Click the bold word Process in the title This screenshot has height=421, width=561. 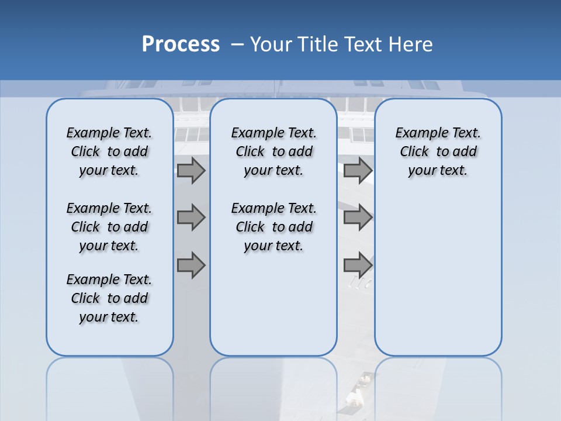(x=181, y=44)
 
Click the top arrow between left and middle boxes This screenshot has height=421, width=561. (x=191, y=171)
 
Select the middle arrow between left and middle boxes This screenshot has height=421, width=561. (x=191, y=218)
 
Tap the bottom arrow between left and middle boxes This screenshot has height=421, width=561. (x=191, y=265)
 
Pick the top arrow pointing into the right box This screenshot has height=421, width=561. (x=358, y=171)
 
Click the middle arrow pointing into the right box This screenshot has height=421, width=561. (x=358, y=218)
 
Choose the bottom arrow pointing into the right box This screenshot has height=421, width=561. (x=358, y=265)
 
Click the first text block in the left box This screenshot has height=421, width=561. (x=109, y=151)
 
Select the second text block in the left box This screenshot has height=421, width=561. (x=109, y=227)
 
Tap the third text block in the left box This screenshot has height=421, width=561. (x=109, y=298)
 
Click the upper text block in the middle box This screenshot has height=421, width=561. (x=273, y=151)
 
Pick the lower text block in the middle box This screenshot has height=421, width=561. (x=273, y=227)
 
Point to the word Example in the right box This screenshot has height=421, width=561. (x=417, y=133)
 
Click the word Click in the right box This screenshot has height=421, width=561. (x=414, y=152)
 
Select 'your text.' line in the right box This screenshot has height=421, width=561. (x=438, y=171)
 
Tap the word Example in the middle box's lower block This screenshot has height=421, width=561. (x=253, y=209)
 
